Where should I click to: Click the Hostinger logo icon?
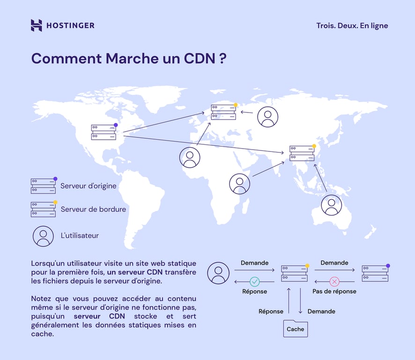(37, 25)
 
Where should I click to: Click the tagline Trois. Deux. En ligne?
(352, 26)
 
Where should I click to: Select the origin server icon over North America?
(104, 132)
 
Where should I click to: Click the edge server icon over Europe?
(223, 112)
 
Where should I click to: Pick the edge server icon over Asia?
(302, 153)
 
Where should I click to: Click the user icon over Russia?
(268, 117)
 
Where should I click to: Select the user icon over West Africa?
(190, 157)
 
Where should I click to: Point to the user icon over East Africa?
(240, 184)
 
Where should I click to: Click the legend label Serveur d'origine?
(88, 186)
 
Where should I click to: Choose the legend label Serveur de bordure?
(93, 209)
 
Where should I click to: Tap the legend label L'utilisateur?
(80, 236)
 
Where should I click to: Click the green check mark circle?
(255, 282)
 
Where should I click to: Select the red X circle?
(334, 282)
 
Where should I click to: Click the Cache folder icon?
(296, 328)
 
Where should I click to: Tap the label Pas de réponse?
(334, 292)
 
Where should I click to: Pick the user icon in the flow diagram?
(218, 273)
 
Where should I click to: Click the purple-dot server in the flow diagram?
(375, 273)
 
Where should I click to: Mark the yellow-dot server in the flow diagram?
(295, 273)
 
